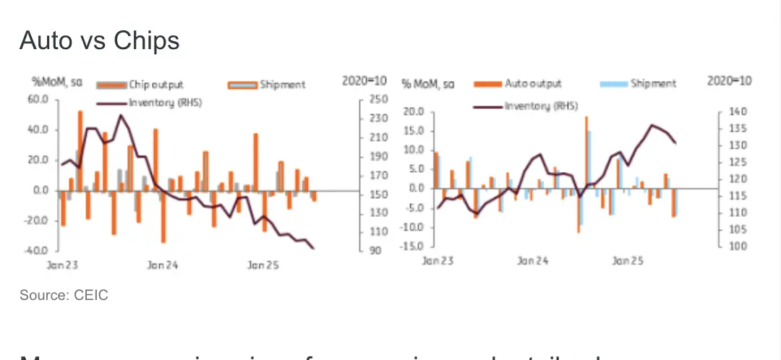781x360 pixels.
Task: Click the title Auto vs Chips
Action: (x=99, y=41)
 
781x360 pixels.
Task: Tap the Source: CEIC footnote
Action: (x=64, y=296)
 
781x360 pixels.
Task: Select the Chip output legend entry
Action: (x=149, y=85)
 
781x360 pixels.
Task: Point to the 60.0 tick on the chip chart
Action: (x=37, y=99)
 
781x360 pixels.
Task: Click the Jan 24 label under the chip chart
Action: (x=162, y=265)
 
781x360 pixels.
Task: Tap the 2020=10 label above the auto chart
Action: (x=728, y=81)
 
